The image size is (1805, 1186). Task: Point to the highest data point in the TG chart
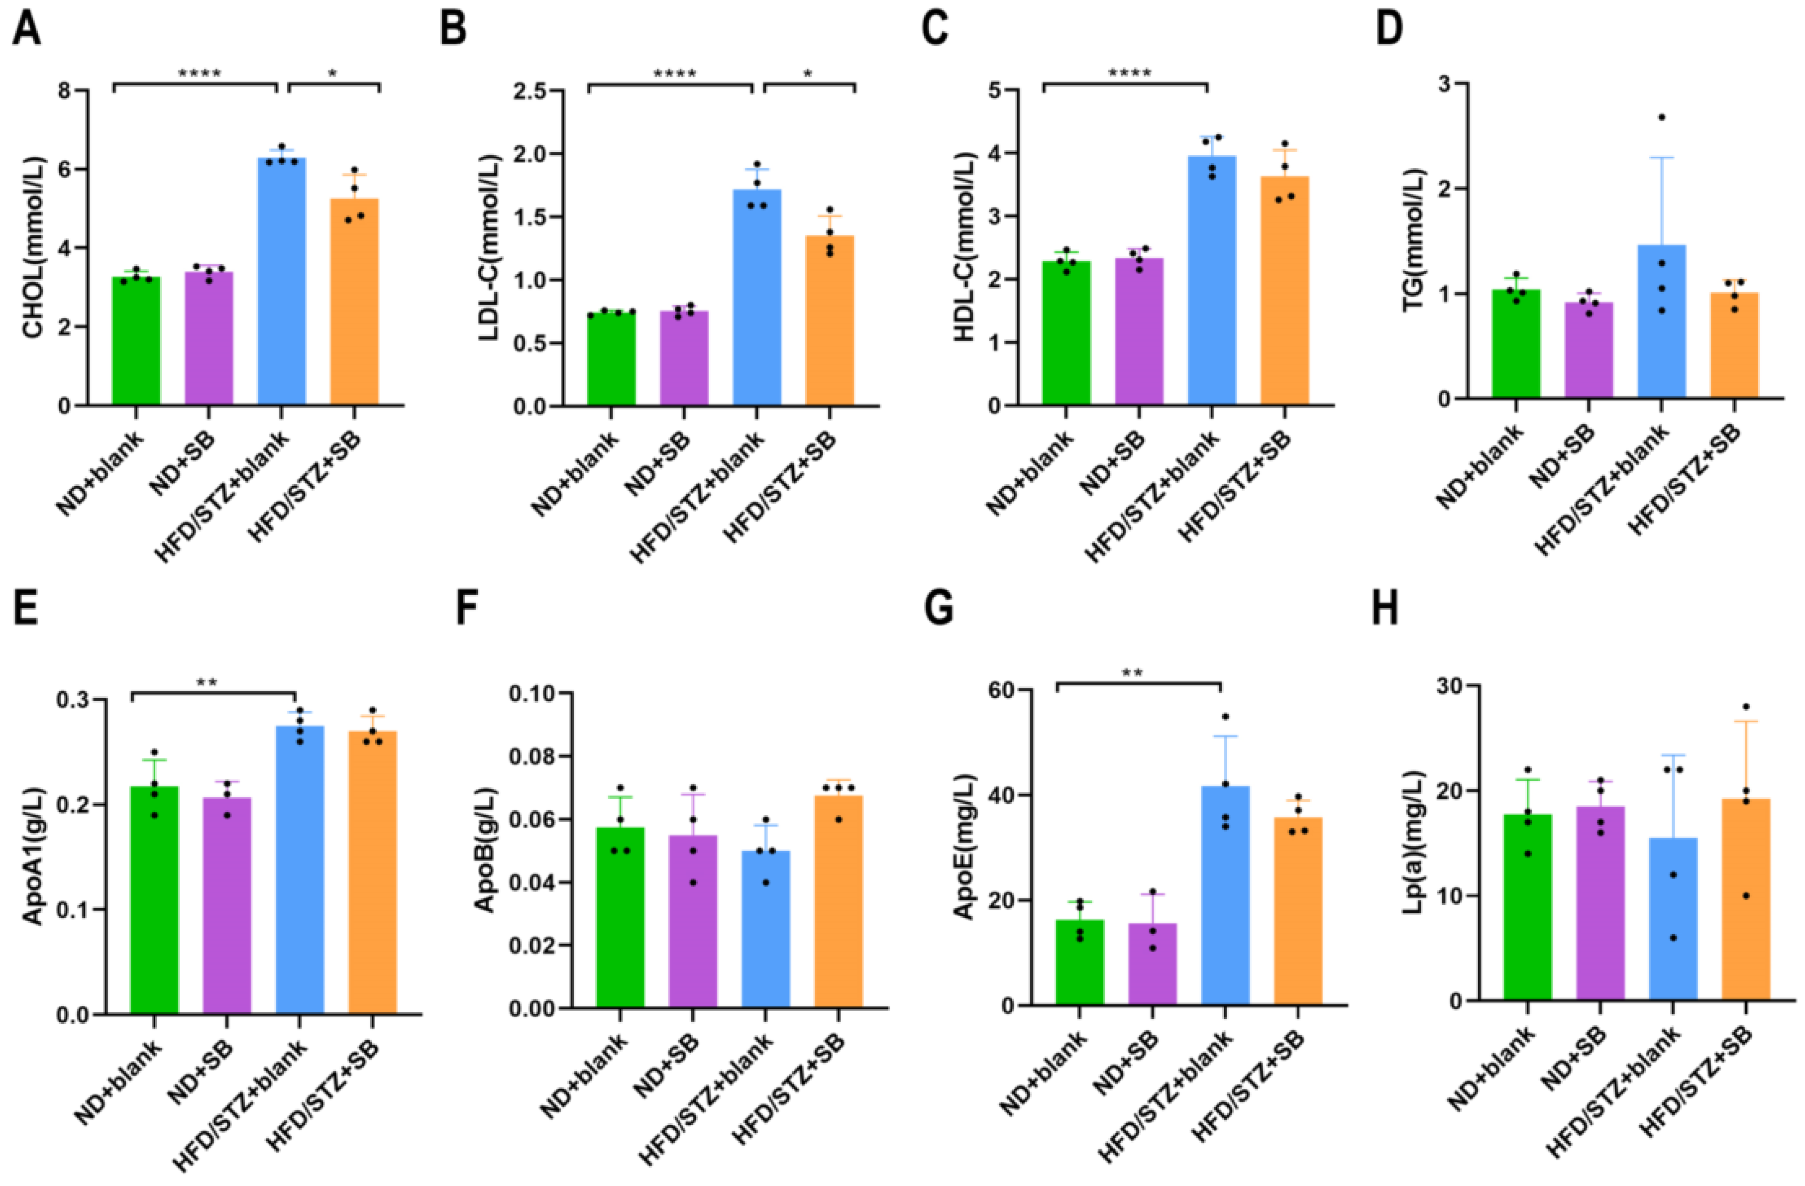point(1661,117)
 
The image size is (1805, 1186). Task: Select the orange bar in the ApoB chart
point(838,902)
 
